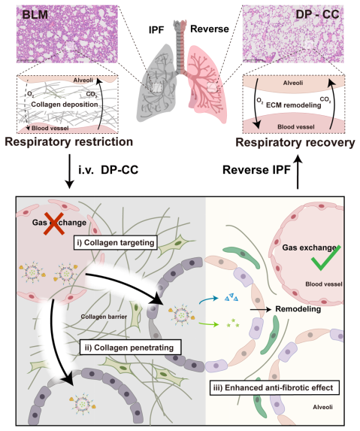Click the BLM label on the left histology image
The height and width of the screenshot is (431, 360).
pos(35,14)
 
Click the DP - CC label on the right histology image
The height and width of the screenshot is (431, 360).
pos(317,14)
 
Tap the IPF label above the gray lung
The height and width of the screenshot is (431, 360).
pos(156,29)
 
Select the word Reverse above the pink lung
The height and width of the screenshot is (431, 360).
pos(210,29)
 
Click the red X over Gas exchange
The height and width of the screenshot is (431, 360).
pos(54,223)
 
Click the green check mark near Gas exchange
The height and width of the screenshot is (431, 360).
pos(326,258)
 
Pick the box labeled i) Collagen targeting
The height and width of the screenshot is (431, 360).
pos(116,243)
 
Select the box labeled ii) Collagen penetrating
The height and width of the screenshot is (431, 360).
pos(131,348)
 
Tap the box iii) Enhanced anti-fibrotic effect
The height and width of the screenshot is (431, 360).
pos(274,387)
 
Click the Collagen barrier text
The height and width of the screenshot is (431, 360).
pos(104,317)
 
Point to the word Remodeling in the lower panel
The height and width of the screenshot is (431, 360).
pos(298,309)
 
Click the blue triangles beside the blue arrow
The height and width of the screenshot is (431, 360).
pos(231,297)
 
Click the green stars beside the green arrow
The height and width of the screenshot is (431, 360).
pos(233,323)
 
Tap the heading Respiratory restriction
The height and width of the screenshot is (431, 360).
pos(69,142)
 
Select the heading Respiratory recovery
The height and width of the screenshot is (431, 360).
pos(295,143)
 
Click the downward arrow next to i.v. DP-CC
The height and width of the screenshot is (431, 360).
pos(69,171)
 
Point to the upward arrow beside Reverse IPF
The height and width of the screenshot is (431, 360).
pos(298,172)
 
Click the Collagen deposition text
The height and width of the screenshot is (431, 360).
pos(65,105)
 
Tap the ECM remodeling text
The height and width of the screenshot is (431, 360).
pos(294,105)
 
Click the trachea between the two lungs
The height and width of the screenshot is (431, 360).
pos(180,47)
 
